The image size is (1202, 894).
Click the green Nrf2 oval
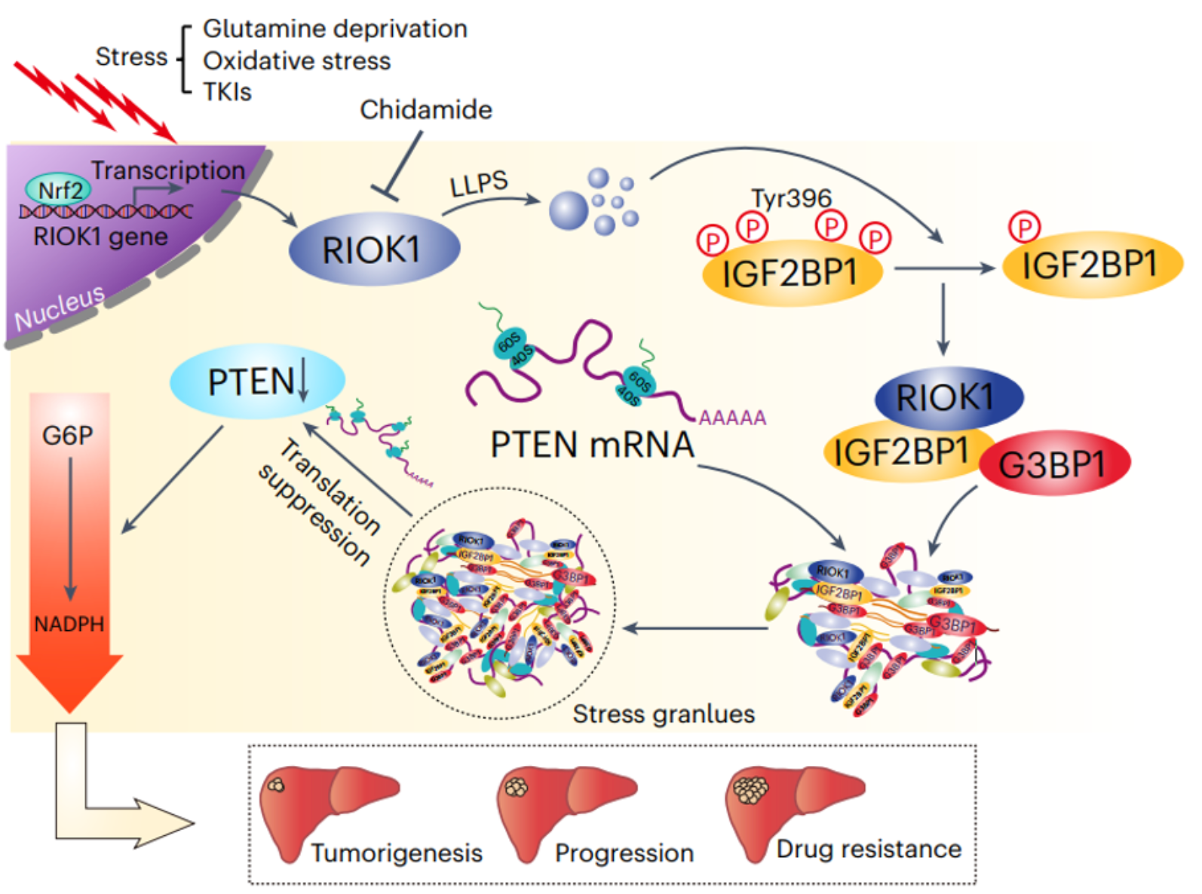click(60, 190)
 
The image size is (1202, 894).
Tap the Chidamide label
click(425, 110)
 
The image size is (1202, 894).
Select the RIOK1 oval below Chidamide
click(374, 250)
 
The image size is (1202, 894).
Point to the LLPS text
click(479, 183)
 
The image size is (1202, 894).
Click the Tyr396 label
click(791, 198)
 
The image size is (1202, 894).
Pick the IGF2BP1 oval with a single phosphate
click(1090, 265)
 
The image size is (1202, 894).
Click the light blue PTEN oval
click(256, 381)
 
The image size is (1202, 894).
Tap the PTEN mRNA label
click(592, 445)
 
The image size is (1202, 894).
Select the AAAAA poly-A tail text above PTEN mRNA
click(732, 418)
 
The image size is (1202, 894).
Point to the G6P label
click(67, 436)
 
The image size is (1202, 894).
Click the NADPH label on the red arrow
click(69, 624)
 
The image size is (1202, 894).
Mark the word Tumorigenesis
click(397, 853)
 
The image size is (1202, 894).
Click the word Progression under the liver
click(624, 853)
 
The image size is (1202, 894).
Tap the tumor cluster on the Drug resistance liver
click(751, 790)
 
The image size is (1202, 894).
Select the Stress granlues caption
click(664, 714)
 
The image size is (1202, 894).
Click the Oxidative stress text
click(296, 61)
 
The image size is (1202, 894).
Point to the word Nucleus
click(60, 308)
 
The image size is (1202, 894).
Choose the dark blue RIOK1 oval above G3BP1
click(947, 397)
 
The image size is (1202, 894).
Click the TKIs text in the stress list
click(227, 92)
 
